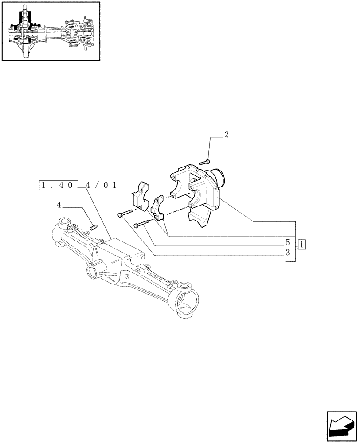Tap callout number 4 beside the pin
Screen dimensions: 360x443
59,205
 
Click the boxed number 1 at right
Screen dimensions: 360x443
302,243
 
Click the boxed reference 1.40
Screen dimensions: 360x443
59,185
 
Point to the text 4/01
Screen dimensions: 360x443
101,185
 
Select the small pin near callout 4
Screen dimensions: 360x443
94,227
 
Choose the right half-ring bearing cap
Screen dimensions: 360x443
157,208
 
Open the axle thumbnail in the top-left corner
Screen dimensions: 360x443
51,31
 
